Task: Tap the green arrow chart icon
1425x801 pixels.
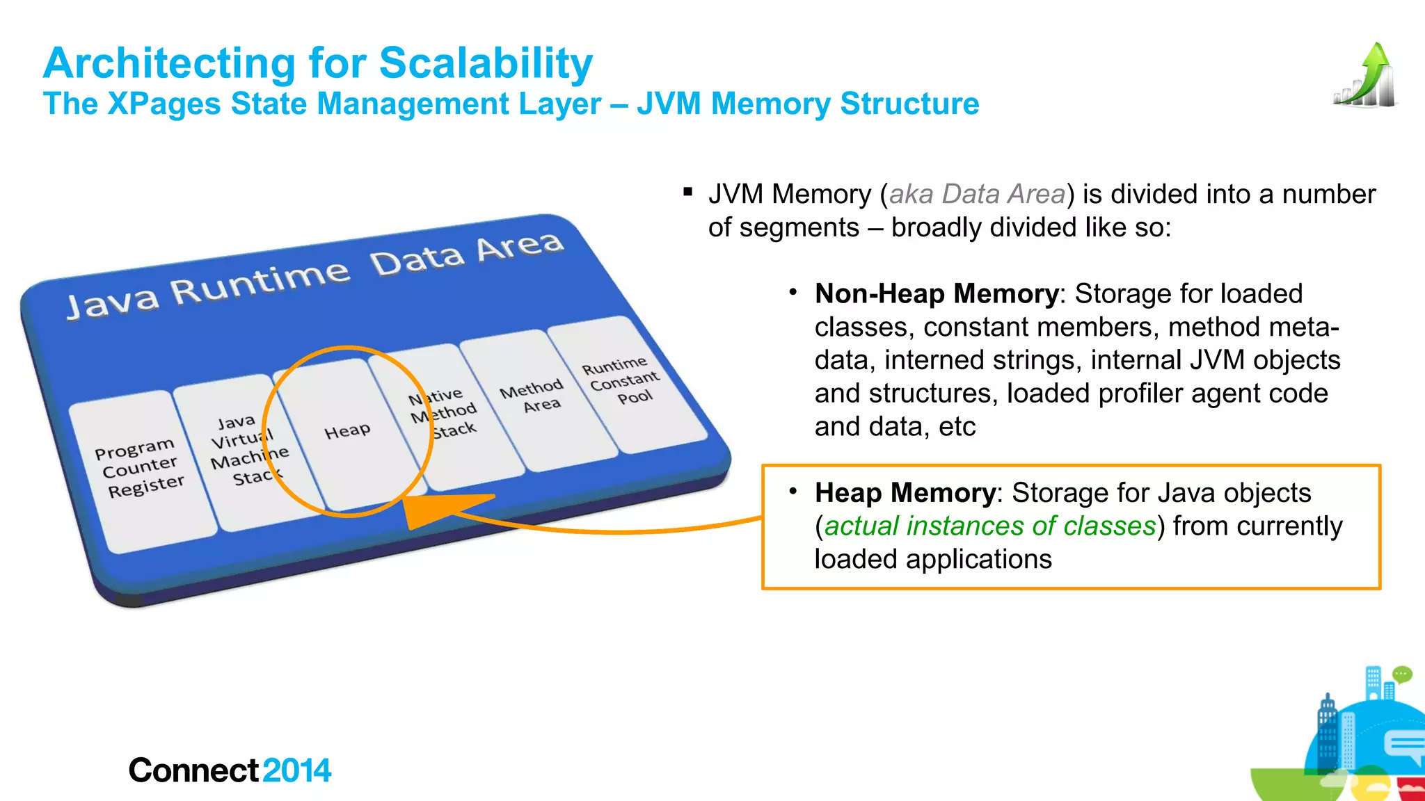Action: click(1366, 76)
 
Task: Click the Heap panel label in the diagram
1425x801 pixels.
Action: click(347, 432)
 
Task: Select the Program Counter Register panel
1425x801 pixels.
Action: click(140, 468)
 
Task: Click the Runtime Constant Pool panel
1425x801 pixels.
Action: click(623, 381)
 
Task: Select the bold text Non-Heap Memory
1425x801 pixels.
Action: click(937, 294)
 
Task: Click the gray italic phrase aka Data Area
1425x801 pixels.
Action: click(977, 194)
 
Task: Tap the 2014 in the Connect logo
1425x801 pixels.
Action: click(297, 770)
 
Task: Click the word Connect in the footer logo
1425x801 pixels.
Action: click(194, 770)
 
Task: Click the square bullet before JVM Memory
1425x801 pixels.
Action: click(687, 192)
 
